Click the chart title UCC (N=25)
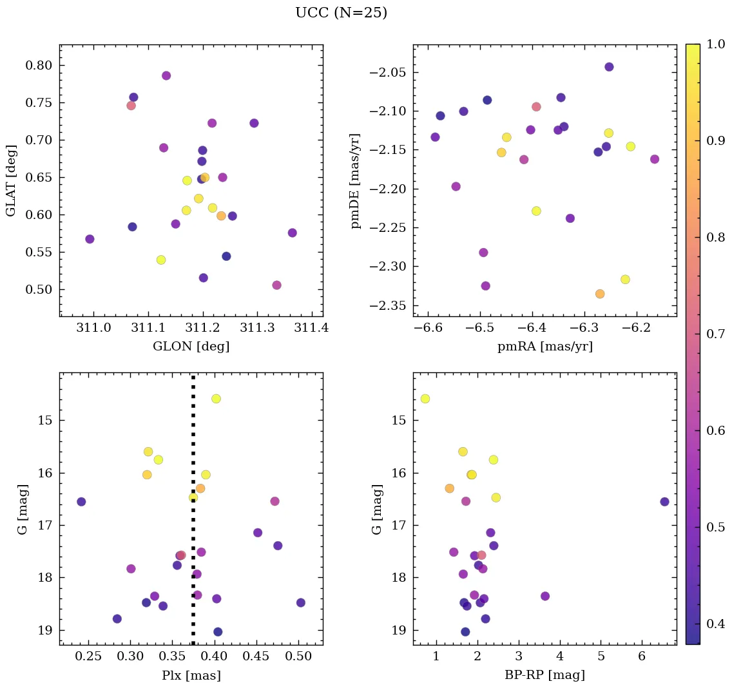pos(341,13)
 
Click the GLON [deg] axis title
pos(191,346)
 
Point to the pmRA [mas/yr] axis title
pos(544,346)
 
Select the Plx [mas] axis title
pos(191,675)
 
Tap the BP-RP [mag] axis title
pos(544,675)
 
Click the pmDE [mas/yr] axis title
pos(356,181)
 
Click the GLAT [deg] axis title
pos(11,181)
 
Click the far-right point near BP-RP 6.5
pos(664,502)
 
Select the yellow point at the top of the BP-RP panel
pos(425,399)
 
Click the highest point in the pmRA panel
pos(609,67)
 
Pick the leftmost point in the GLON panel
pos(90,239)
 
